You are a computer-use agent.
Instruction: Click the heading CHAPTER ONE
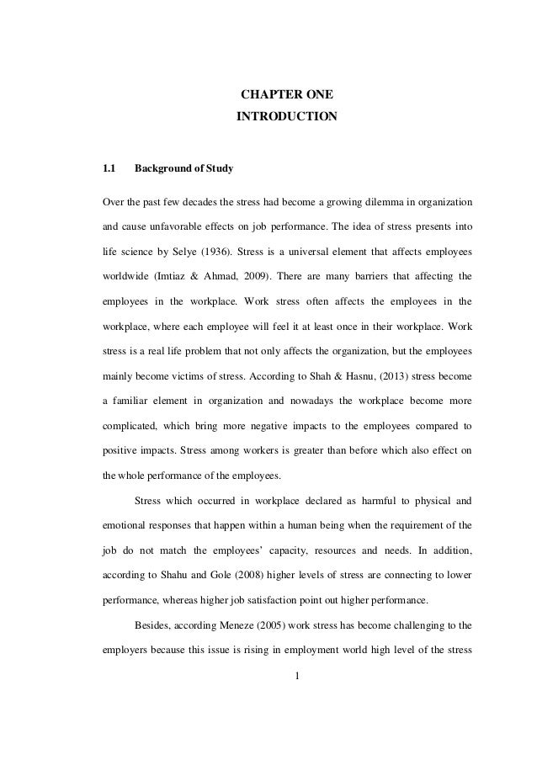(286, 93)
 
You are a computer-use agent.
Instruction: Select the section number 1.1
(109, 168)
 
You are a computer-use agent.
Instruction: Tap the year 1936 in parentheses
(241, 252)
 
